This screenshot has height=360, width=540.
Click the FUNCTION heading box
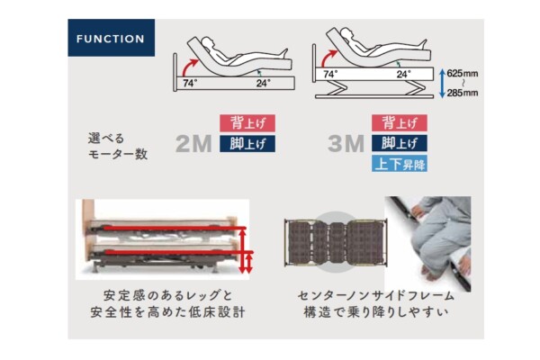(112, 38)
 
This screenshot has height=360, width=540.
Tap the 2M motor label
(193, 144)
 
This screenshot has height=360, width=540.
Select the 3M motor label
(346, 144)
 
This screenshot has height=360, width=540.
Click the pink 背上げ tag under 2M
(247, 123)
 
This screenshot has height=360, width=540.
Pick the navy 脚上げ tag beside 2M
(247, 144)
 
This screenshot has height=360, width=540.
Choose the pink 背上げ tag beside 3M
(400, 123)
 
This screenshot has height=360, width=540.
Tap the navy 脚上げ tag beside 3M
(400, 144)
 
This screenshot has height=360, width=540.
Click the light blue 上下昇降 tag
(400, 164)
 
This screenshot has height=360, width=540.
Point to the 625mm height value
(463, 74)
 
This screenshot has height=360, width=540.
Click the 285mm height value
(463, 93)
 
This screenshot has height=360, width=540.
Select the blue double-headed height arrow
(442, 83)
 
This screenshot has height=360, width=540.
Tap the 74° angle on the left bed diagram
(190, 84)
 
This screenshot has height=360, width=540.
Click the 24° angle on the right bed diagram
(403, 74)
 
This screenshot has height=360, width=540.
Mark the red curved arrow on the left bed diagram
(188, 67)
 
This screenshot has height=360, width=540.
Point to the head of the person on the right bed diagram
(346, 35)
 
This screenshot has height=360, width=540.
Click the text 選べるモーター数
(118, 146)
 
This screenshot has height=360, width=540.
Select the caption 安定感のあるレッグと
(167, 295)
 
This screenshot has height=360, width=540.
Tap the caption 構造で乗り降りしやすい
(376, 312)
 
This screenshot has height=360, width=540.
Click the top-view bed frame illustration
(336, 243)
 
